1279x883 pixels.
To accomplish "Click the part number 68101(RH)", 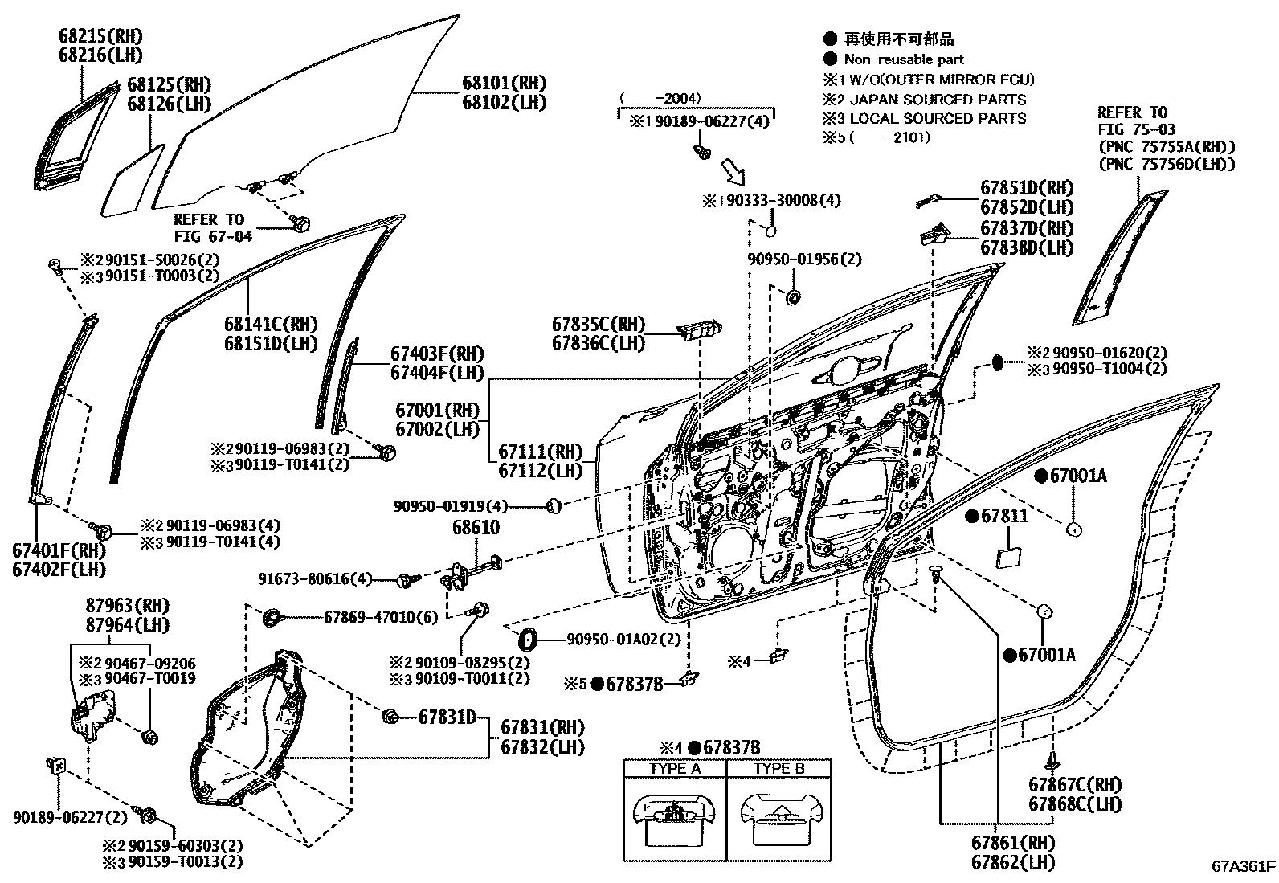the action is (x=505, y=84).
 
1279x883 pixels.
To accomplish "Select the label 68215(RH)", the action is (x=100, y=36).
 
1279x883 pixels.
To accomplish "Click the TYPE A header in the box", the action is (x=675, y=769).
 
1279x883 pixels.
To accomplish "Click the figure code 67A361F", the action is (x=1243, y=866).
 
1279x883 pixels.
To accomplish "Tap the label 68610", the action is (x=476, y=527).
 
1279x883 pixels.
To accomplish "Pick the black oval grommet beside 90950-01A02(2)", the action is (x=527, y=639).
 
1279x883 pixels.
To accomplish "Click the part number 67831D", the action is (x=447, y=717).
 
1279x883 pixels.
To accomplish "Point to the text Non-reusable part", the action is (x=904, y=59).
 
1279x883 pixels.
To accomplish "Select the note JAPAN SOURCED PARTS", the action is (x=938, y=100).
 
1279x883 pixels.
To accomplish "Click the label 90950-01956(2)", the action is (x=804, y=260).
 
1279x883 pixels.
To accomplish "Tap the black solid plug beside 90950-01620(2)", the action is (x=998, y=362).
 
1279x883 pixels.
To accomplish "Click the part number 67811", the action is (x=1004, y=516).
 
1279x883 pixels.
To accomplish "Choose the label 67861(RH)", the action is (x=1014, y=843).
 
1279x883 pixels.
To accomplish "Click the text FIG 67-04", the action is (x=213, y=236).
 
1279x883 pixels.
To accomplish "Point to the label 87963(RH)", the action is (x=128, y=606).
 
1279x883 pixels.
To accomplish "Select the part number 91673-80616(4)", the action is (x=315, y=579).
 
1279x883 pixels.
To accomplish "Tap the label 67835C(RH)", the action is (x=599, y=325).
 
